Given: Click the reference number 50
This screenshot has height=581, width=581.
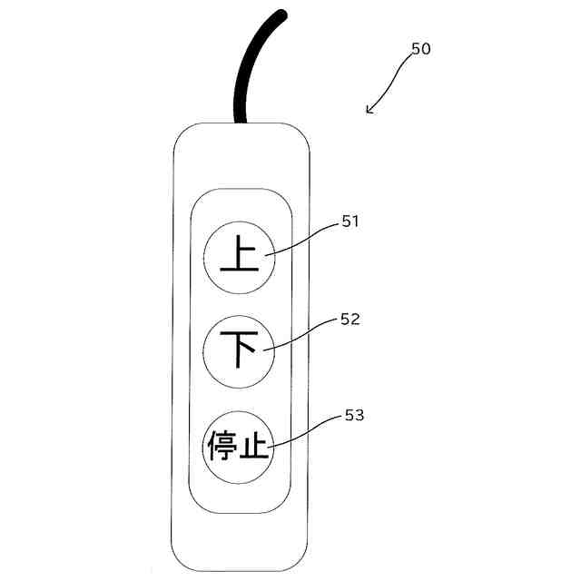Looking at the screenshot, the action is click(x=420, y=49).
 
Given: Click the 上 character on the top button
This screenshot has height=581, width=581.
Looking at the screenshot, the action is click(x=238, y=257).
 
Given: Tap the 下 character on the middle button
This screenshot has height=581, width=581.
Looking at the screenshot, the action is click(x=238, y=350).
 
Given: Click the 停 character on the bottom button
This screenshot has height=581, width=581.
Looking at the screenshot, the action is click(x=222, y=447).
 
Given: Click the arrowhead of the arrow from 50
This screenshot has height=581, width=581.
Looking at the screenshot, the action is click(x=369, y=111).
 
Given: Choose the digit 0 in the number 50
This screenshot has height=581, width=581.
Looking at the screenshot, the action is click(x=426, y=49).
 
